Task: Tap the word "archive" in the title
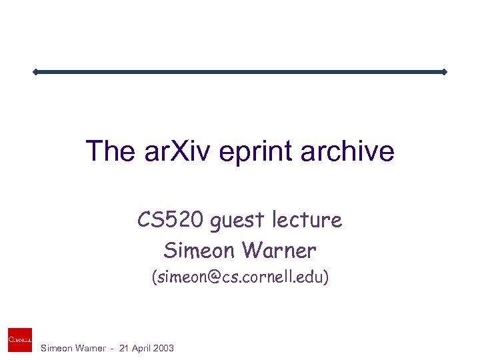click(347, 151)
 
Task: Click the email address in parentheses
click(240, 277)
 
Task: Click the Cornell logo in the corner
click(20, 339)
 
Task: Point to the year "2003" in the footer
click(162, 348)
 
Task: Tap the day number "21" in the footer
click(118, 348)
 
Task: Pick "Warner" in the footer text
click(89, 348)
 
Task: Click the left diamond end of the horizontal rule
click(35, 71)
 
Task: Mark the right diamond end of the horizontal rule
click(444, 71)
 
